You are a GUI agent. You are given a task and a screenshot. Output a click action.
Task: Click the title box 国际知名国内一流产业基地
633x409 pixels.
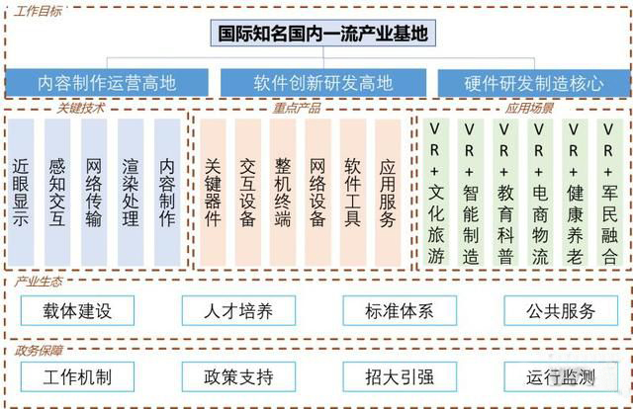[x=323, y=33]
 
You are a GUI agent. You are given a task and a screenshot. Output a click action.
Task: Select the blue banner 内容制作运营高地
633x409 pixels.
[x=107, y=83]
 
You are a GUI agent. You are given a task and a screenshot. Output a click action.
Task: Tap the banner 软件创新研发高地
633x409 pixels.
[x=323, y=83]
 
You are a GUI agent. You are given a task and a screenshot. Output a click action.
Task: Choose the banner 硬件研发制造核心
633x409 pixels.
[x=534, y=83]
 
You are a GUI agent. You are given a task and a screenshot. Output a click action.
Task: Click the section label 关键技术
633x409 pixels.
[x=80, y=108]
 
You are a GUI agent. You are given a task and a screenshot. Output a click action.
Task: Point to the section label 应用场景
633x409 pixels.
[x=529, y=108]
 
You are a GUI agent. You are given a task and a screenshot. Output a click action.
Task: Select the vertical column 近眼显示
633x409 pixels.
[x=21, y=193]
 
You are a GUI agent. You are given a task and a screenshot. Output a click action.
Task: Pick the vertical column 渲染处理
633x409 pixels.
[x=131, y=193]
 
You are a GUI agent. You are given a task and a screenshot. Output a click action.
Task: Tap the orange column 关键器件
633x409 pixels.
[x=213, y=193]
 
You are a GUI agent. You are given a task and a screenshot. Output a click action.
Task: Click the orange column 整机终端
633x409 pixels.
[x=283, y=193]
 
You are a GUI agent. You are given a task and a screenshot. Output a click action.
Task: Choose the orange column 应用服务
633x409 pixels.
[x=388, y=193]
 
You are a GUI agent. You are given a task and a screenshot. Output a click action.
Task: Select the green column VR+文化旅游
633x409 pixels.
[x=435, y=193]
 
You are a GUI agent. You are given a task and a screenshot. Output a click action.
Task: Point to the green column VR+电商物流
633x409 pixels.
[x=540, y=193]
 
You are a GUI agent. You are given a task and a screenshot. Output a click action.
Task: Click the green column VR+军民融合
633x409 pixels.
[x=609, y=193]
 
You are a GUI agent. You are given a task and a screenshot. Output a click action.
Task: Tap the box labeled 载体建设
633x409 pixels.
[x=77, y=310]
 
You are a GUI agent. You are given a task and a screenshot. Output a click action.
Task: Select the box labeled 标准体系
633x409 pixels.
[x=400, y=310]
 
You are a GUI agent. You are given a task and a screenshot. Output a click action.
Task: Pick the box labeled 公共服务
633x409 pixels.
[x=561, y=310]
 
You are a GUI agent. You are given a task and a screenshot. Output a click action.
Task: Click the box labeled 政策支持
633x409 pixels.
[x=238, y=376]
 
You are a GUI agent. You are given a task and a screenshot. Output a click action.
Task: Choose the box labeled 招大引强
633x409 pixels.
[x=400, y=376]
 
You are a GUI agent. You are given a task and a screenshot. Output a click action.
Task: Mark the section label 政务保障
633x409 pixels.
[x=39, y=351]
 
